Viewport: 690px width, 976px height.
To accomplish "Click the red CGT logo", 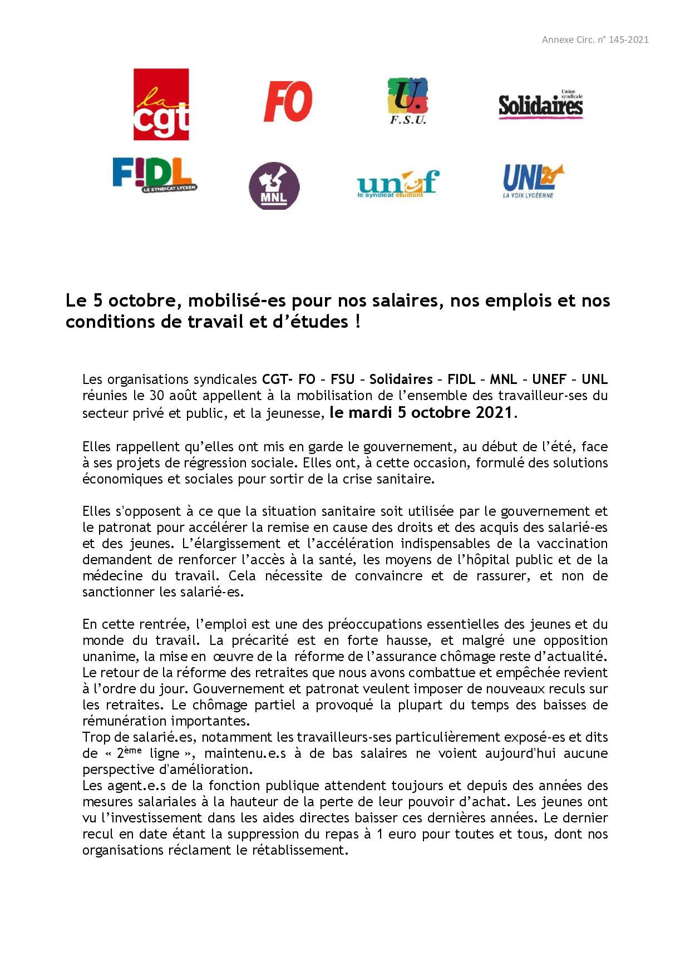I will [x=161, y=105].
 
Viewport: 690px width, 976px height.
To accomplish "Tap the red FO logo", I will [x=288, y=101].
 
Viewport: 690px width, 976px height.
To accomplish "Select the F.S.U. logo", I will [x=407, y=101].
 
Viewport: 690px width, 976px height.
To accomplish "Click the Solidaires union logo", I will [x=540, y=105].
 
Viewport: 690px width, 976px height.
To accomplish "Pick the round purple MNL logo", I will [x=274, y=186].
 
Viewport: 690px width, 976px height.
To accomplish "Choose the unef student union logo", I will [x=398, y=184].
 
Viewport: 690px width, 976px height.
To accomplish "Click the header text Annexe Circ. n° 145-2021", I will [x=595, y=40].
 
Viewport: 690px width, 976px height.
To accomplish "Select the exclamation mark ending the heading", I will [x=357, y=322].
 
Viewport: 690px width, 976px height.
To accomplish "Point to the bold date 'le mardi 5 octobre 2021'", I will [x=421, y=412].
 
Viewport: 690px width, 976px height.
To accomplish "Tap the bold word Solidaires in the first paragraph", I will [x=401, y=379].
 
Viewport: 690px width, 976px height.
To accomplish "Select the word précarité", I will [x=260, y=640].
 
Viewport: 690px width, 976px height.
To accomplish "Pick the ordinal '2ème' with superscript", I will [x=129, y=753].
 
